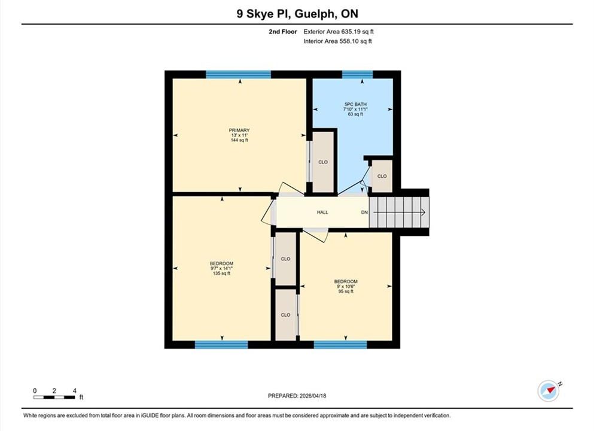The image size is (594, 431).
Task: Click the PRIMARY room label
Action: pos(239,130)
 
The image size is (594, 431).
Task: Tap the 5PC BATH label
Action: pos(355,104)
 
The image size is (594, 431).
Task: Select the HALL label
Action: pos(322,213)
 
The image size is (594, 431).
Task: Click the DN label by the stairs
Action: pos(364,213)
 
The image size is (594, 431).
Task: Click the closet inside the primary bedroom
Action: pos(323,162)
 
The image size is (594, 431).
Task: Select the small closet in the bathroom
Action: pos(382,176)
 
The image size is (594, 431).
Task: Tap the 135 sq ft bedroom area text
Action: pos(221,274)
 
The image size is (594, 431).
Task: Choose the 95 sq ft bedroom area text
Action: pos(346,292)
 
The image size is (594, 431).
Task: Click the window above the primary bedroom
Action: pos(239,74)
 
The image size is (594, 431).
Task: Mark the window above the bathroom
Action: pos(357,74)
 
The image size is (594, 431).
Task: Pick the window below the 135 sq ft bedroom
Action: pos(221,345)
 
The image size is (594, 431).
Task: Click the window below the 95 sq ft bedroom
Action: pos(340,345)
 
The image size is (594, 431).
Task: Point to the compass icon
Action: pos(548,391)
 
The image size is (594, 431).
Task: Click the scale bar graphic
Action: pos(54,397)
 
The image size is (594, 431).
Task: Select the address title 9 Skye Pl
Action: pos(262,14)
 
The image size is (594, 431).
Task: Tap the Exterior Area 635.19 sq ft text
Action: pos(339,32)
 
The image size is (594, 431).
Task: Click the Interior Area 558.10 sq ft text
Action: pos(337,41)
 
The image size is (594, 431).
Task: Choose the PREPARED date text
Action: pos(297,396)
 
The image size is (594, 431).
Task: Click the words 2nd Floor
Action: pos(282,32)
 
